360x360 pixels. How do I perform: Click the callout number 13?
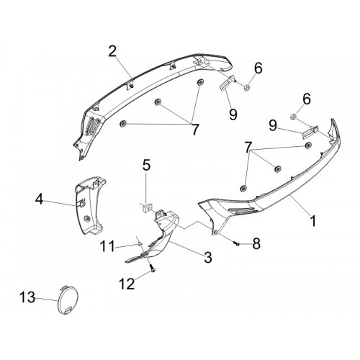pos(27,297)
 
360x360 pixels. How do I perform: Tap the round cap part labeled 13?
pos(68,300)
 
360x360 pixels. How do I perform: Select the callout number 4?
pos(40,199)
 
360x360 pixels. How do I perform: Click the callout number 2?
pos(112,51)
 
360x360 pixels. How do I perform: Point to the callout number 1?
pos(312,221)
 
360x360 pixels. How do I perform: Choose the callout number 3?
pos(208,257)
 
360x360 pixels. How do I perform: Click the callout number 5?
pos(146,166)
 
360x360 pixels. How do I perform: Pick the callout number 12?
pos(127,284)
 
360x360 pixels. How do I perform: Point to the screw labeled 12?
pos(153,268)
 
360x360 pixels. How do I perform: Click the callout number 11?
pos(107,246)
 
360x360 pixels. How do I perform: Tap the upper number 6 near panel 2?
pos(258,68)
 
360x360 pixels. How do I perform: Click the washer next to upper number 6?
pos(246,89)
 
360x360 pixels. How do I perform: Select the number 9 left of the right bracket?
pos(273,126)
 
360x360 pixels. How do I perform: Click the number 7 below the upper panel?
pos(195,130)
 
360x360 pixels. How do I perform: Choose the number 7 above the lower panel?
pos(248,147)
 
